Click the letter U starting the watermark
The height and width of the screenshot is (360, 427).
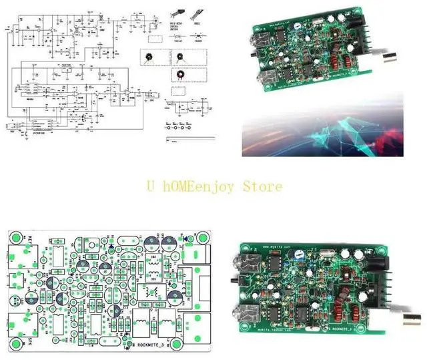pyautogui.click(x=151, y=186)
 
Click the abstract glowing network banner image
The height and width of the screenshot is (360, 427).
pyautogui.click(x=324, y=126)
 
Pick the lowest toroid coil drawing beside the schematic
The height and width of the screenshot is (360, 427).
pyautogui.click(x=179, y=74)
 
